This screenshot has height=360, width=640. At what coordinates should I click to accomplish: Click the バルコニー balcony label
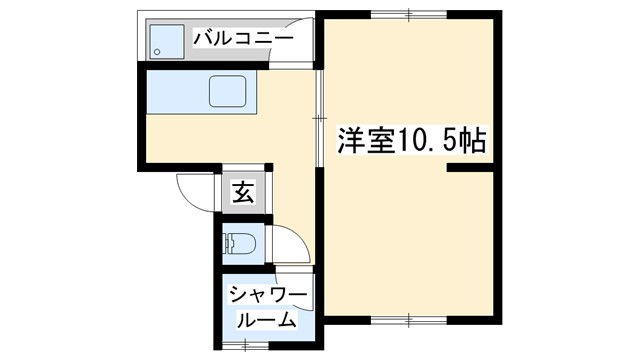coord(244,39)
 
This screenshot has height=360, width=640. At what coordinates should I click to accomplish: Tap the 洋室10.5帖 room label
coord(411,141)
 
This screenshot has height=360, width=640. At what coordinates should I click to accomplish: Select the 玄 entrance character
coord(243,192)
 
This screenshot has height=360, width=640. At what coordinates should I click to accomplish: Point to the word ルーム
coord(266,320)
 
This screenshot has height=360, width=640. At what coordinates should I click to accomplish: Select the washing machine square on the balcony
coord(166,41)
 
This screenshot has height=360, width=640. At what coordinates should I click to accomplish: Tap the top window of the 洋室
coord(411,13)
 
